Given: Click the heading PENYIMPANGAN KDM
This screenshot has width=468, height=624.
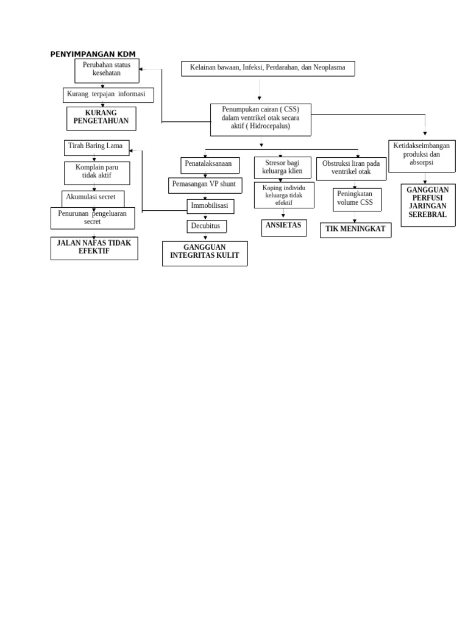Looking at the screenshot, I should click(x=93, y=54).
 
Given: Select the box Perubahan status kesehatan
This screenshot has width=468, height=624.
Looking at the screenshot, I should click(x=107, y=71).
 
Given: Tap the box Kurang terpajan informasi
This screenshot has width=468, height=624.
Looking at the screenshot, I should click(x=108, y=94).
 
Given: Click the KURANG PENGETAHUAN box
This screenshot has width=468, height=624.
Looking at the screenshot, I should click(x=101, y=118).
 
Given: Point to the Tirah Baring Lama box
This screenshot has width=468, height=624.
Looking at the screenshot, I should click(x=96, y=147).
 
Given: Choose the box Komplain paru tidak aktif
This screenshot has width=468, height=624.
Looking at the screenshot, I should click(x=97, y=172).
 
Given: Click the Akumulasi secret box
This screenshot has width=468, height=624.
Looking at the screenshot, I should click(x=93, y=197).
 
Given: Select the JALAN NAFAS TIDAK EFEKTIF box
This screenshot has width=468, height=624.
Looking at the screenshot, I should click(x=94, y=248).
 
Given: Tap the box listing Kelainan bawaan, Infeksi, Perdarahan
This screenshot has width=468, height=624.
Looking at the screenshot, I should click(x=268, y=68).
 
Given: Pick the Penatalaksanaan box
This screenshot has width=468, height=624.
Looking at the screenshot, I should click(x=210, y=165).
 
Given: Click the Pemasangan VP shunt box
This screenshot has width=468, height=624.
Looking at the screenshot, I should click(x=205, y=185).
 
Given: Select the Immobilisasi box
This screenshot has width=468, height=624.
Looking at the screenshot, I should click(x=210, y=206).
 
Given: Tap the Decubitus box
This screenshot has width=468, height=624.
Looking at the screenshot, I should click(x=206, y=226).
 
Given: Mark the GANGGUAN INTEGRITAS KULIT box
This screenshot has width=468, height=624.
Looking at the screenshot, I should click(x=205, y=253).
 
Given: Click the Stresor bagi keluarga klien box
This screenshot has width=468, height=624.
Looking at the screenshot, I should click(x=282, y=167).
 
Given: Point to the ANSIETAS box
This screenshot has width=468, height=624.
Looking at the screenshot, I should click(x=283, y=227).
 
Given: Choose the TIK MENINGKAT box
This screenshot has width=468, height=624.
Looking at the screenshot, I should click(x=355, y=230).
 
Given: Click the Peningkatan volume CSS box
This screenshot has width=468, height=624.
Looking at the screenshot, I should click(x=356, y=199).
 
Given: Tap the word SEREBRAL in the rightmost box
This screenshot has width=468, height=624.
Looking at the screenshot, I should click(x=427, y=215).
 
